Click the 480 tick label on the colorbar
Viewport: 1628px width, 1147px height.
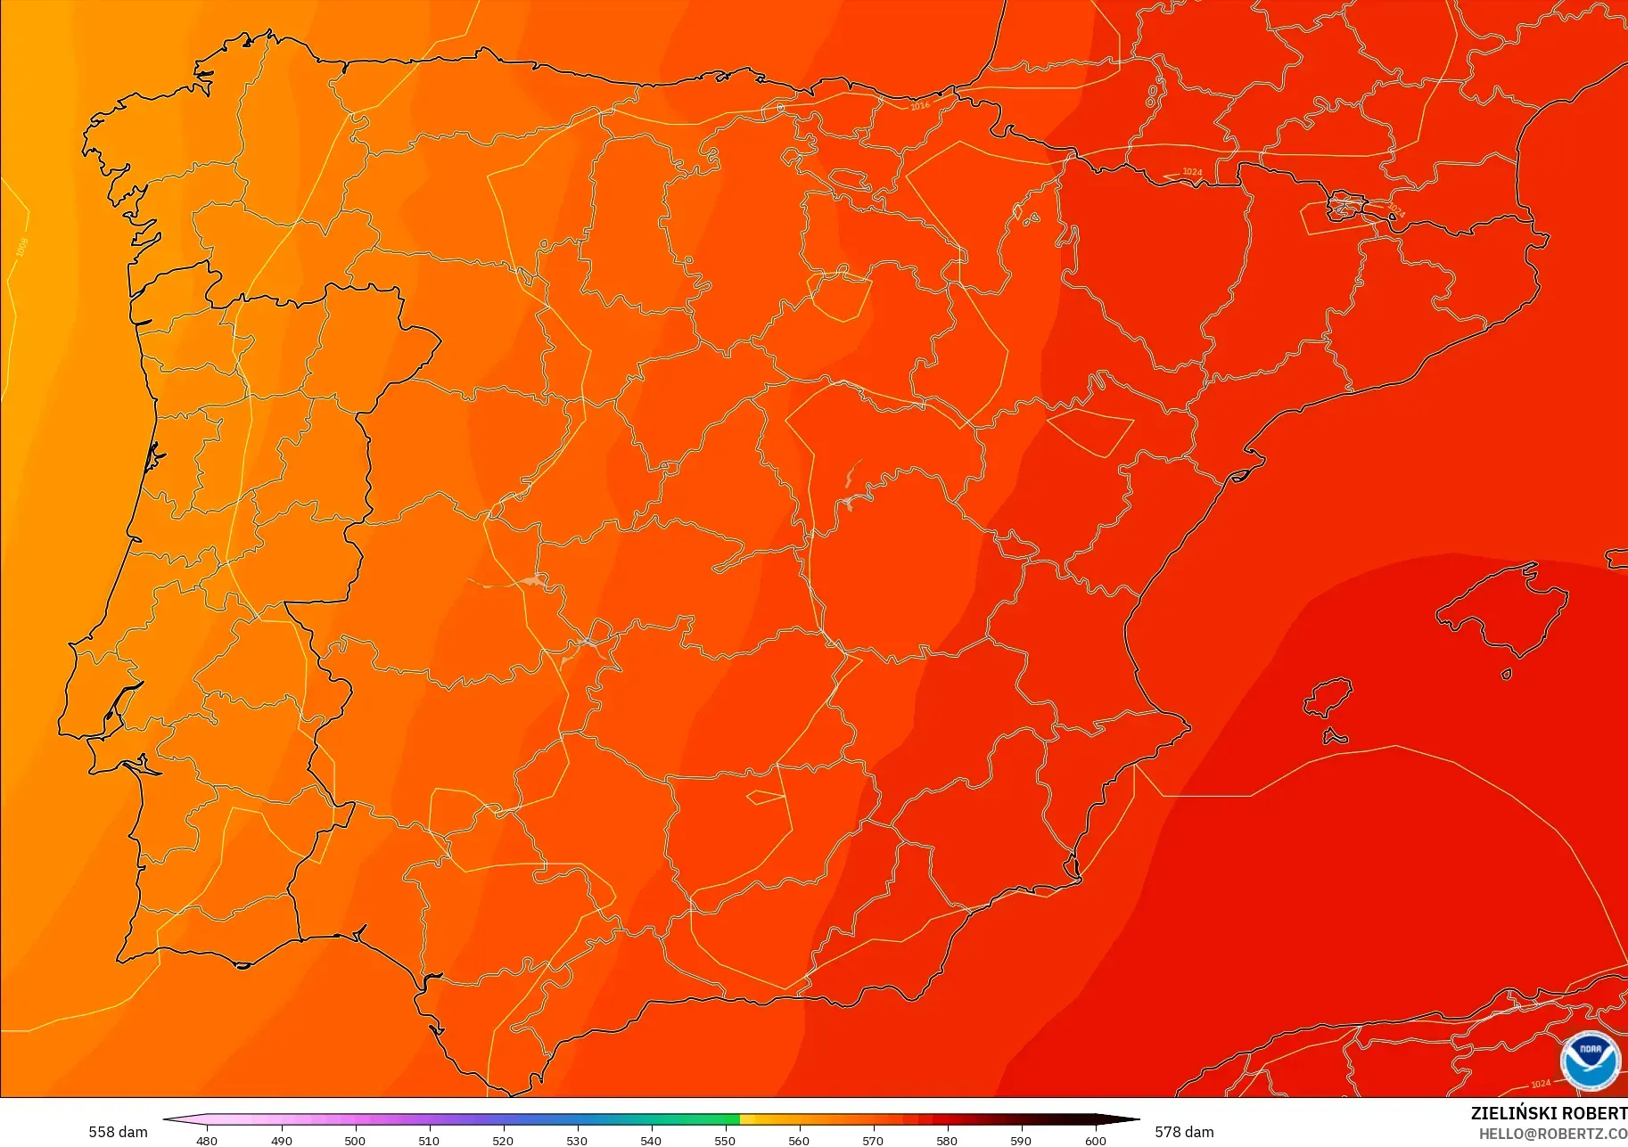[x=207, y=1140]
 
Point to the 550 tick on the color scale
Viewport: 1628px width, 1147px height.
[x=725, y=1140]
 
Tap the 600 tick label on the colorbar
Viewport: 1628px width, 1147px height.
[x=1095, y=1140]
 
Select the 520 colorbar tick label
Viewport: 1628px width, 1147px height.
[x=503, y=1140]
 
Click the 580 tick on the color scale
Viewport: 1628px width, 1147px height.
[x=947, y=1140]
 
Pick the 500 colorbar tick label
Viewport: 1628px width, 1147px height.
[x=355, y=1140]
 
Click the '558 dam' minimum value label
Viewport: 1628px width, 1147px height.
[x=118, y=1132]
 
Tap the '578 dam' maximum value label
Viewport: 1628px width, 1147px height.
[x=1184, y=1132]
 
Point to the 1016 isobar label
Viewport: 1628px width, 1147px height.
[x=920, y=106]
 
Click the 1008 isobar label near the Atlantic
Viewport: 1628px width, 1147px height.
[x=22, y=247]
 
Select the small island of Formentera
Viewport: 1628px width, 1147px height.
[x=1335, y=737]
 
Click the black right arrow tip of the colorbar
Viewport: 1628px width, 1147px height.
[x=1132, y=1120]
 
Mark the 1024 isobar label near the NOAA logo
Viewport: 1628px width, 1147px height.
[x=1541, y=1084]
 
